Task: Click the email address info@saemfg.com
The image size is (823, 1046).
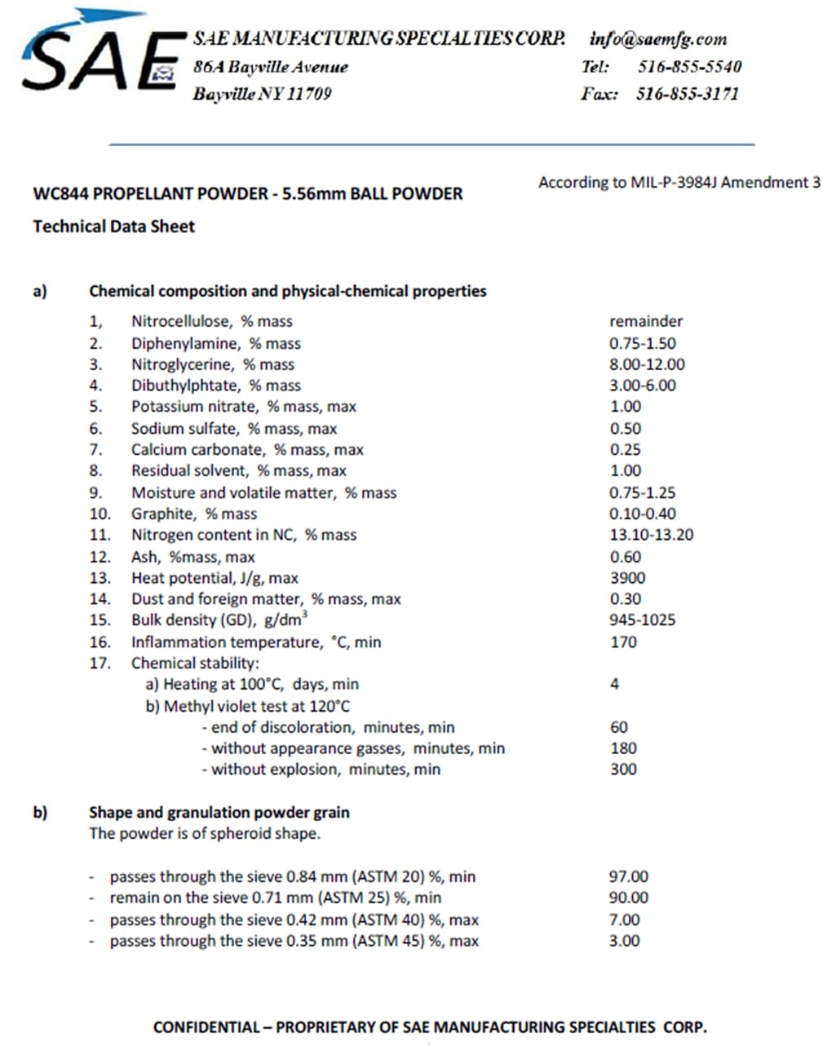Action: click(x=657, y=38)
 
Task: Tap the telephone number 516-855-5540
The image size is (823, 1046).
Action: click(x=689, y=66)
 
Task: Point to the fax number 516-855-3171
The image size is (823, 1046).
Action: click(x=688, y=94)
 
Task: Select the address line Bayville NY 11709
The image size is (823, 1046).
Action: click(x=262, y=94)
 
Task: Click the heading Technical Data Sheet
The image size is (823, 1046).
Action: click(x=113, y=226)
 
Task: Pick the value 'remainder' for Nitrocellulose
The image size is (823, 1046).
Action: click(x=645, y=321)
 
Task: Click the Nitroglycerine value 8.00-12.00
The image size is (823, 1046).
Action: click(x=647, y=364)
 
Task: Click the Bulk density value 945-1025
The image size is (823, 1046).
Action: click(x=642, y=620)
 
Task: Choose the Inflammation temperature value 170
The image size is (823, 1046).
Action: click(x=623, y=642)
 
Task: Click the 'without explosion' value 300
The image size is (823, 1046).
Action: click(x=623, y=769)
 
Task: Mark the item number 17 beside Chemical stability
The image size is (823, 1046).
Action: click(x=100, y=663)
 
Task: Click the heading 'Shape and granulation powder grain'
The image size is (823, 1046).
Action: click(x=219, y=812)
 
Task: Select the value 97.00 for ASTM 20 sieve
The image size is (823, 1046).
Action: click(x=628, y=876)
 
